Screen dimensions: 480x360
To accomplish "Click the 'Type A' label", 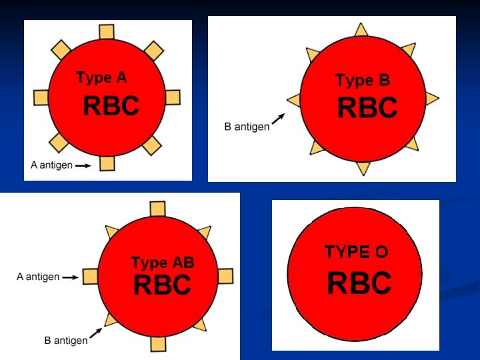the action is [x=101, y=78].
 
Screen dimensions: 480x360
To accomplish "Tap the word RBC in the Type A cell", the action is [x=111, y=106].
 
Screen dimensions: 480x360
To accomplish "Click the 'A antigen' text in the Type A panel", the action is [x=51, y=165].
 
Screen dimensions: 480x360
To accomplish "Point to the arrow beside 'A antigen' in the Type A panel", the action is [x=83, y=165].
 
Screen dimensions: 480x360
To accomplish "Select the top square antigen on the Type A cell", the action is [x=107, y=32].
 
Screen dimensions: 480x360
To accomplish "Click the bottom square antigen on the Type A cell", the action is [x=107, y=163].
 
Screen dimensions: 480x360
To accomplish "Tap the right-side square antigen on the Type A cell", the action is [x=172, y=97].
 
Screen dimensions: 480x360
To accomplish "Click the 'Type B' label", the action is [x=363, y=81].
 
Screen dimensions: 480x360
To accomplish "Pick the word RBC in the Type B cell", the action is [x=367, y=108].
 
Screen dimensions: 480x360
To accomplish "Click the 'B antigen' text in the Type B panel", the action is [x=247, y=126].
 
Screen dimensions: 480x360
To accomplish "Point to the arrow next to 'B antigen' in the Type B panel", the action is [x=279, y=118].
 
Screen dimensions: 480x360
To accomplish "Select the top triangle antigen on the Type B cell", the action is [x=361, y=30].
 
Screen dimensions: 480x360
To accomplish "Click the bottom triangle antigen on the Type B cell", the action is [x=363, y=167].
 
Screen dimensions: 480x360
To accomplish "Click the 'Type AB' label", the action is [x=162, y=263].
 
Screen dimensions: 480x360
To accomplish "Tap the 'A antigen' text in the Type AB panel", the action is [x=38, y=276].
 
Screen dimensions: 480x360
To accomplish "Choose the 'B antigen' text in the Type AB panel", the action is [x=66, y=341].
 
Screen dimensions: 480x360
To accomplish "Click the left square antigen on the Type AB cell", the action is [x=90, y=276].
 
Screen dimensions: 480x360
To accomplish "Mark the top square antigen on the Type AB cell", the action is [x=158, y=209].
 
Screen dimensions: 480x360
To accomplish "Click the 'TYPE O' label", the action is [x=356, y=252].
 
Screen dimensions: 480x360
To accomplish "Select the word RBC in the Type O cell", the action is [x=359, y=283].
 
